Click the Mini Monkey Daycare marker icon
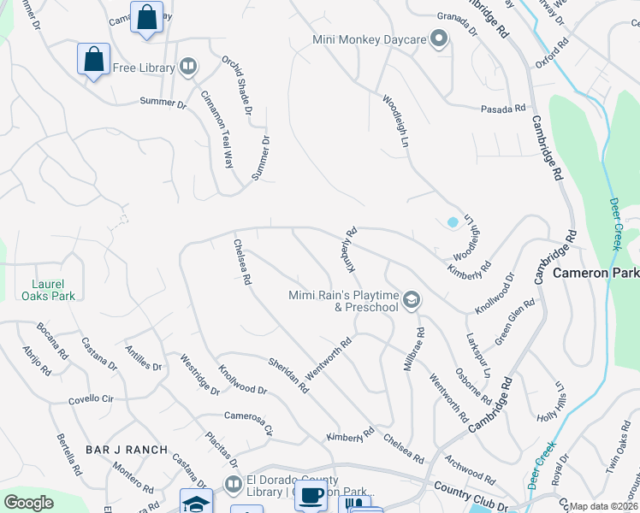[x=439, y=38]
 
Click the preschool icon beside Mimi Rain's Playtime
[x=412, y=298]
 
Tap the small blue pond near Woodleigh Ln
[x=453, y=222]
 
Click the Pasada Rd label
[x=503, y=109]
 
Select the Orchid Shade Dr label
[x=237, y=85]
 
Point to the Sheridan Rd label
[x=288, y=374]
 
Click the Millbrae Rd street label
[x=413, y=349]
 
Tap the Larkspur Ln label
[x=477, y=356]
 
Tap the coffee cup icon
[x=311, y=494]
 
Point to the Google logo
[x=28, y=502]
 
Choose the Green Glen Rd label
[x=514, y=316]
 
